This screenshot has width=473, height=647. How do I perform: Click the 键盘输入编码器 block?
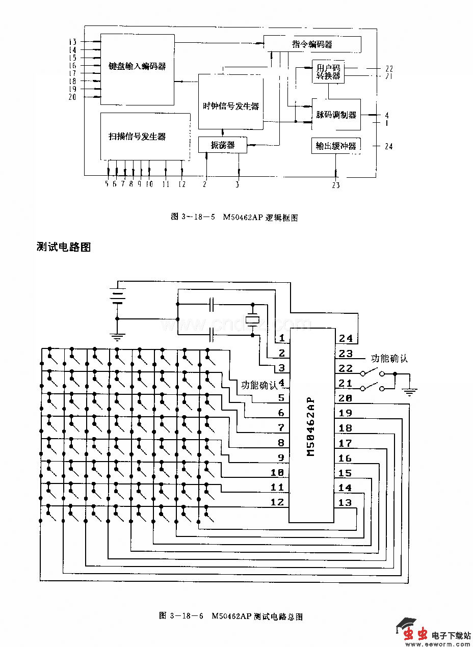tap(138, 66)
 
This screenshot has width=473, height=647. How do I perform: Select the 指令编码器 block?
tap(312, 44)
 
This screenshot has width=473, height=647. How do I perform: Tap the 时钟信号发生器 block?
tap(231, 106)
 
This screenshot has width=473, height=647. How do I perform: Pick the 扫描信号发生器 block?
tap(138, 137)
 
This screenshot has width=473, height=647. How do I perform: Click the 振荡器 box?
tap(223, 145)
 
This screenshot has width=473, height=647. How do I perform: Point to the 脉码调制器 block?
tap(336, 115)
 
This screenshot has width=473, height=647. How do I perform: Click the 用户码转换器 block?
tap(328, 72)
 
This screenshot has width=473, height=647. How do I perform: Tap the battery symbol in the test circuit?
tap(118, 296)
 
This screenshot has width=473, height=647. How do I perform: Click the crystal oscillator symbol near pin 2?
tap(252, 319)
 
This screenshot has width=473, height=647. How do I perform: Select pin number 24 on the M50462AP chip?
tap(346, 339)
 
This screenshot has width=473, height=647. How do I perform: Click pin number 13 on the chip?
tap(345, 503)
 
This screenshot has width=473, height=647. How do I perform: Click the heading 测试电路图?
tap(63, 247)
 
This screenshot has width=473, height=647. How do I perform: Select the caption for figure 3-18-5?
tap(234, 217)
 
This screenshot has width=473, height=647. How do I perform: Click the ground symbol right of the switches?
tap(410, 391)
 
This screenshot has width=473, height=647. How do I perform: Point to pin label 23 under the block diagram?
tap(335, 185)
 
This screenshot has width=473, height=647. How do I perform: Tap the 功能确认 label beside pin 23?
tap(389, 358)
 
